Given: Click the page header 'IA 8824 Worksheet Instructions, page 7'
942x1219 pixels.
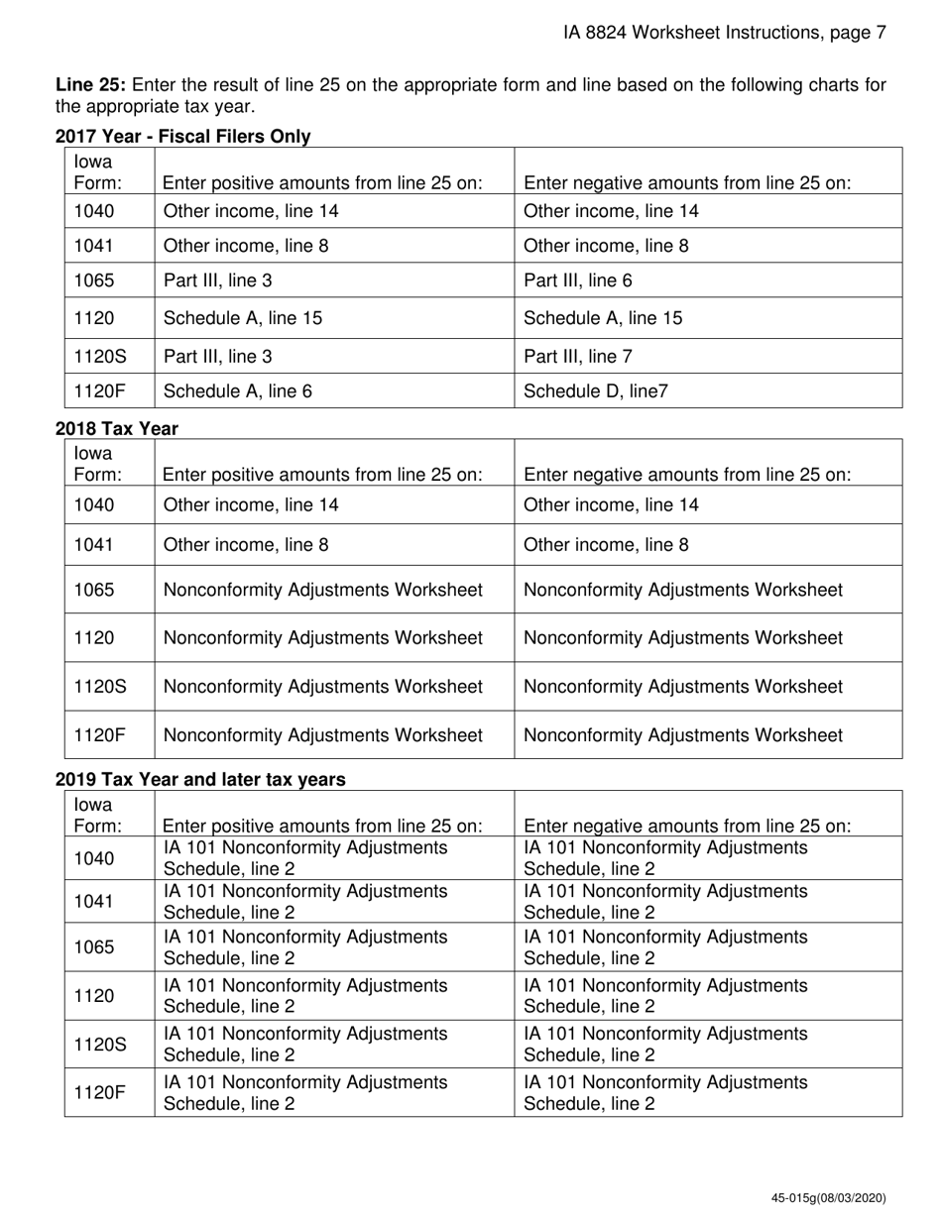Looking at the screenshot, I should click(724, 33).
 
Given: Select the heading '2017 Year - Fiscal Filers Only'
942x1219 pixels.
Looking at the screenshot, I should click(182, 137).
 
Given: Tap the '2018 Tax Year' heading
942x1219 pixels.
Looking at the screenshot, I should click(117, 428).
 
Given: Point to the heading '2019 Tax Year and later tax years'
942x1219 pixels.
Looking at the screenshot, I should click(200, 780).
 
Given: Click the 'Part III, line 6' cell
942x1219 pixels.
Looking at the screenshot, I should click(577, 280).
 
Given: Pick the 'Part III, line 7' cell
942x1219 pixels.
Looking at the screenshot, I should click(577, 356).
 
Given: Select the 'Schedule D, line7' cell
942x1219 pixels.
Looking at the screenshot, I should click(595, 390).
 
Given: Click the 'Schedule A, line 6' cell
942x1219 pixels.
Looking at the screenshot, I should click(238, 390).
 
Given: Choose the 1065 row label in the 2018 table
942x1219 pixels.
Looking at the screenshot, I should click(94, 590).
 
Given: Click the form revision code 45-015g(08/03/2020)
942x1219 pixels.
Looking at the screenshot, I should click(828, 1198).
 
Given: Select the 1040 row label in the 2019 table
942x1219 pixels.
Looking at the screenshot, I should click(94, 858).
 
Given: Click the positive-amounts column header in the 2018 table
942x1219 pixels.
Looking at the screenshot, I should click(322, 475).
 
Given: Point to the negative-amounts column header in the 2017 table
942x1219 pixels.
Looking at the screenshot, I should click(687, 183).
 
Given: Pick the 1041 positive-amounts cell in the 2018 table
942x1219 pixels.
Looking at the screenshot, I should click(246, 544).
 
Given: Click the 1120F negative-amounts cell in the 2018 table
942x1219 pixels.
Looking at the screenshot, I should click(682, 735).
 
